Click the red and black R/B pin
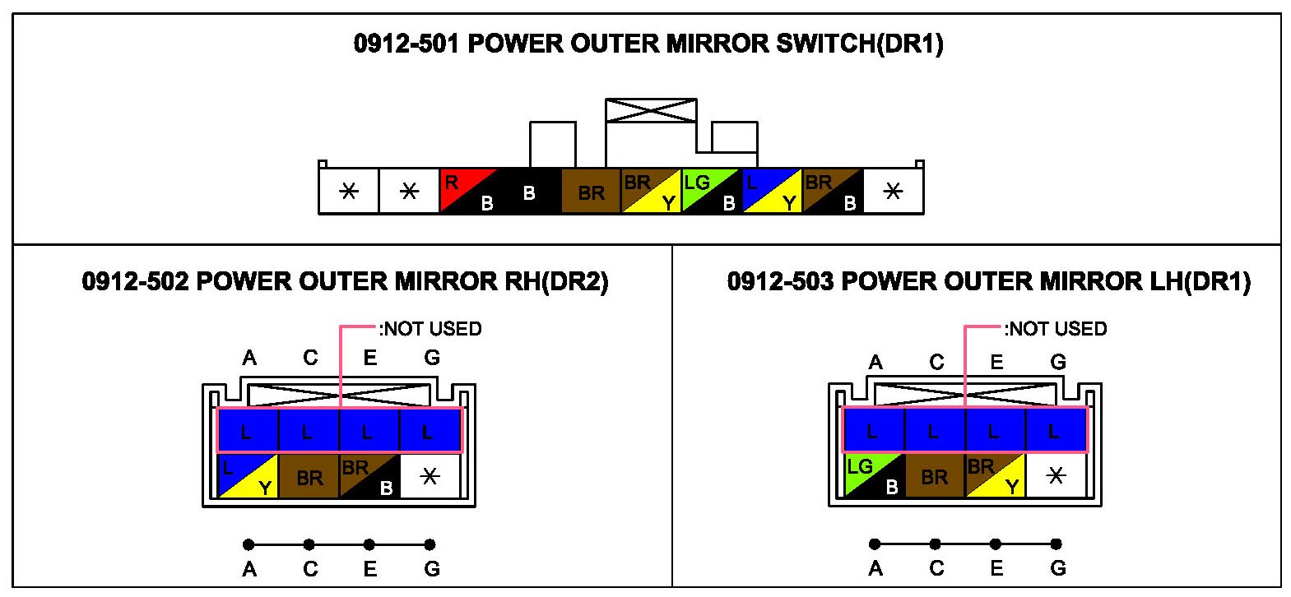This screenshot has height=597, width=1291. coord(469,192)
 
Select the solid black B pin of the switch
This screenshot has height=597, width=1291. coord(530,192)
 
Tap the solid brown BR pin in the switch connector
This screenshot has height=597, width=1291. coord(591,192)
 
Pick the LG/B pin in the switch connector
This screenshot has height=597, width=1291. coord(712,192)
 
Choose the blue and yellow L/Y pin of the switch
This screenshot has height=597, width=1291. coord(772,192)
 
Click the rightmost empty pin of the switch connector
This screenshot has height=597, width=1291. coord(893,192)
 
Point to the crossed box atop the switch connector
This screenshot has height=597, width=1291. coord(651,111)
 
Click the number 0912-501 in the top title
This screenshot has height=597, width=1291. coord(406,44)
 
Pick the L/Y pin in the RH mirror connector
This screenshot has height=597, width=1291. coord(248,477)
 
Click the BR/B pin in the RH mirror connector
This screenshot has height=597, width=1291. coord(369,477)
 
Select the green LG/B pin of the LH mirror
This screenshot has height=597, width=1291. coord(874,476)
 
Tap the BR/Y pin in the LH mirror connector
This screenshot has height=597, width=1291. coord(995,476)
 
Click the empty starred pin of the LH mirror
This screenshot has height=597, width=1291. coord(1056,476)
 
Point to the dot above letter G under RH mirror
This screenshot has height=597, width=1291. coord(430,544)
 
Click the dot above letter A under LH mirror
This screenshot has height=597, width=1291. coord(875,544)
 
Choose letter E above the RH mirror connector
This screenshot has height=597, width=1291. coord(370,358)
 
